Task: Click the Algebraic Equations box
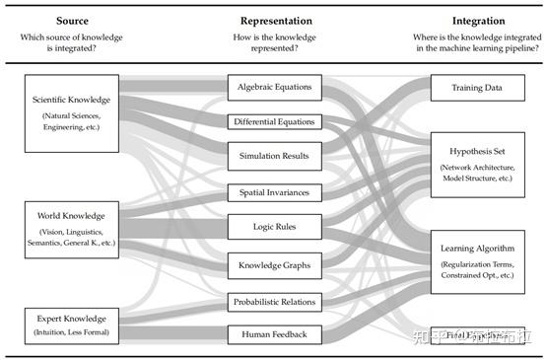(275, 87)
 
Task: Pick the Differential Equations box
(275, 122)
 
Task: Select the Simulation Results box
(275, 156)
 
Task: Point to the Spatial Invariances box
(275, 192)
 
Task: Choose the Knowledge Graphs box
(275, 264)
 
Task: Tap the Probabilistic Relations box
(275, 300)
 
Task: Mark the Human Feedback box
(275, 334)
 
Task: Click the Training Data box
(478, 88)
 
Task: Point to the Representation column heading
(275, 20)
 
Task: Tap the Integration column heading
(478, 20)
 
